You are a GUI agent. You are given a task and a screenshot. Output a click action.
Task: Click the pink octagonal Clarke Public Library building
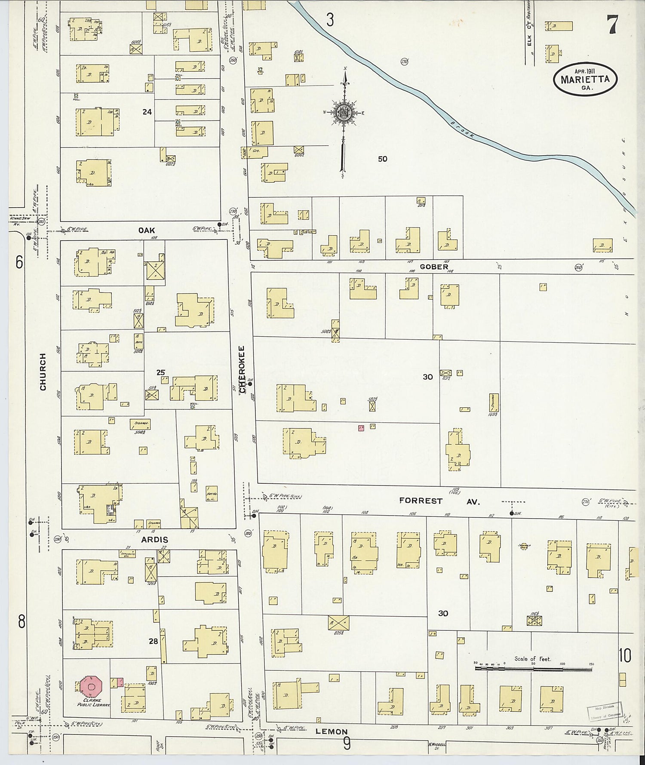tap(91, 687)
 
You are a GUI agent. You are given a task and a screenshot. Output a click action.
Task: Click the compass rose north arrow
tap(344, 113)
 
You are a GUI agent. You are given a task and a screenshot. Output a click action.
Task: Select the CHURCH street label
tap(43, 372)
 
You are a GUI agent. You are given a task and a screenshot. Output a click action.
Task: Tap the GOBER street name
tap(434, 267)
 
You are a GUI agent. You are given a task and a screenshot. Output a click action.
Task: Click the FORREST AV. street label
tap(439, 501)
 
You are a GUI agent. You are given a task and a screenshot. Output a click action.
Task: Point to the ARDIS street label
tap(154, 540)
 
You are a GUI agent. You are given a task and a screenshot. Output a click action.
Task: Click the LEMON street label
tap(331, 731)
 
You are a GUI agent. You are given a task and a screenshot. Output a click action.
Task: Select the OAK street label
tap(146, 230)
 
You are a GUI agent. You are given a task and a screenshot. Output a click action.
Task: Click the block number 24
tap(147, 112)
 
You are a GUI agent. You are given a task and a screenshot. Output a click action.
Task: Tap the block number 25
tap(160, 372)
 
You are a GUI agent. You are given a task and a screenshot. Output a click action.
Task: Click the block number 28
tap(153, 641)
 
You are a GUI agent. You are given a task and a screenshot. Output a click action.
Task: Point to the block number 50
tap(382, 159)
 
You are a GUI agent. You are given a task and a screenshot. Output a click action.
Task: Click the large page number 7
tap(612, 25)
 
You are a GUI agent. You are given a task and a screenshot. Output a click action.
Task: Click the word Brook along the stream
tap(463, 129)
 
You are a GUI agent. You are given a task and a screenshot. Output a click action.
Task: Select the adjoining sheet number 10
tap(625, 656)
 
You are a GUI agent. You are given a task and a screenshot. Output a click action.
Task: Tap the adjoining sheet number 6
tap(19, 262)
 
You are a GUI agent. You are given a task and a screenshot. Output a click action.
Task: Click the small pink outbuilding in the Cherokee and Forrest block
tap(361, 427)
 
